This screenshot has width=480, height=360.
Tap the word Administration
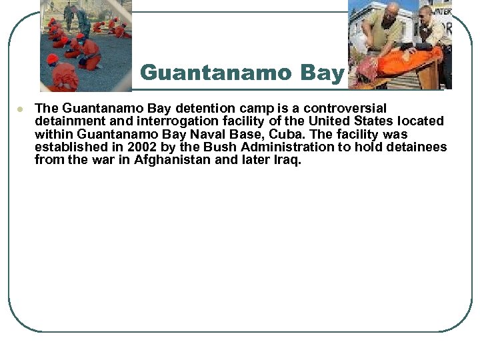[285, 147]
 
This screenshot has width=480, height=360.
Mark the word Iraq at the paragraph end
[285, 160]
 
